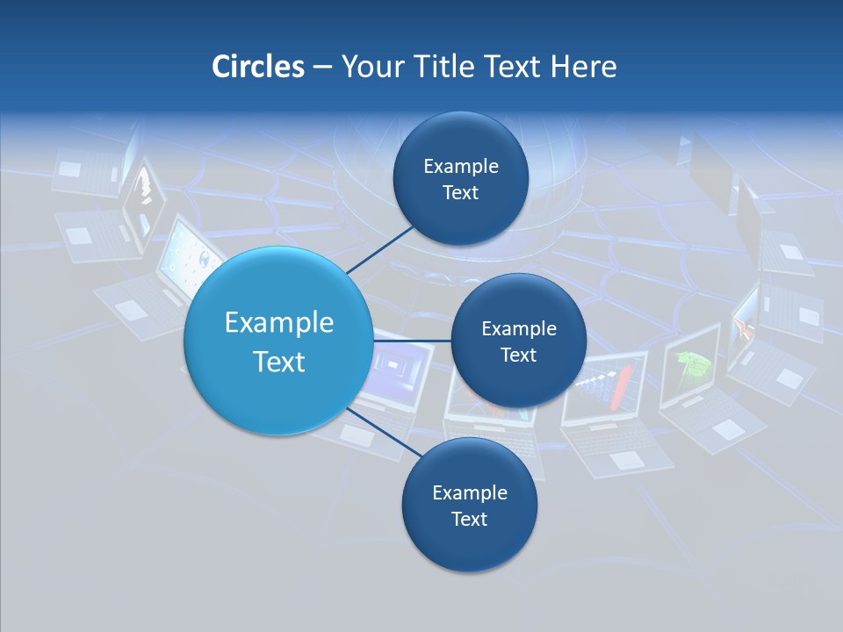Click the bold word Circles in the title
coord(257,67)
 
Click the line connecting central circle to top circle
coord(379,248)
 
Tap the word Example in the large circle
coord(279,322)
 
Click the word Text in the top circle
coord(460,193)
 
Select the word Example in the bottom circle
coord(469,492)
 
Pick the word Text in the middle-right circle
coord(518,355)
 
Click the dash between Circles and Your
coord(321,68)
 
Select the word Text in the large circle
coord(279,362)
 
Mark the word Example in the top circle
coord(460,166)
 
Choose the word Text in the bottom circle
coord(469,519)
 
